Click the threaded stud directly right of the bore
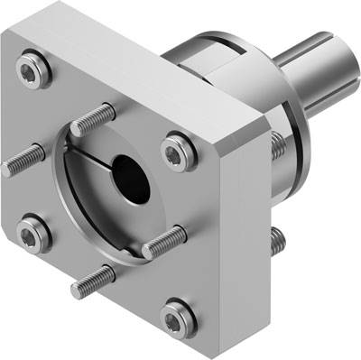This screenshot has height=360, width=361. coord(163,241)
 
